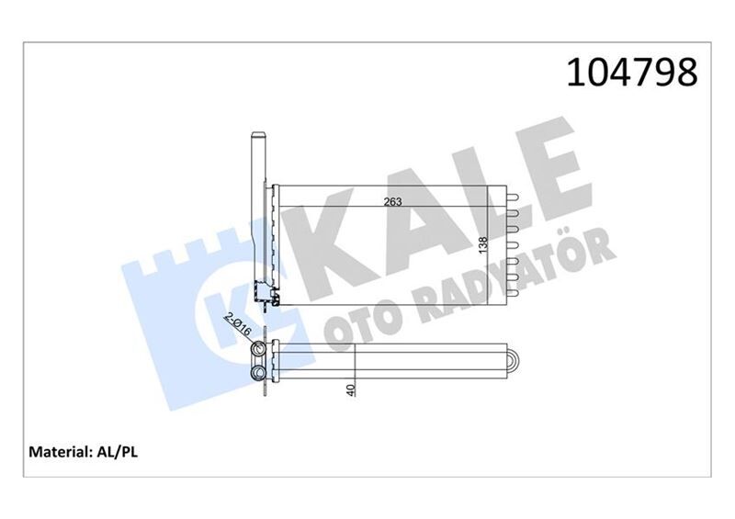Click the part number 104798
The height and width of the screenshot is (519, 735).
coord(632,73)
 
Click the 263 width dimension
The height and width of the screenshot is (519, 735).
coord(393,201)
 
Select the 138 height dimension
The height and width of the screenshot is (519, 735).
coord(483,245)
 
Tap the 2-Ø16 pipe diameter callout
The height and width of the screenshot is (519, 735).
coord(238,324)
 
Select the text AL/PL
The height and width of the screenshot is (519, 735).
coord(117,452)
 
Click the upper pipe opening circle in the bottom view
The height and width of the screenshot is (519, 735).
coord(258,349)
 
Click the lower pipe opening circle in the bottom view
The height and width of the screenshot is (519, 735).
coord(258,373)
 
